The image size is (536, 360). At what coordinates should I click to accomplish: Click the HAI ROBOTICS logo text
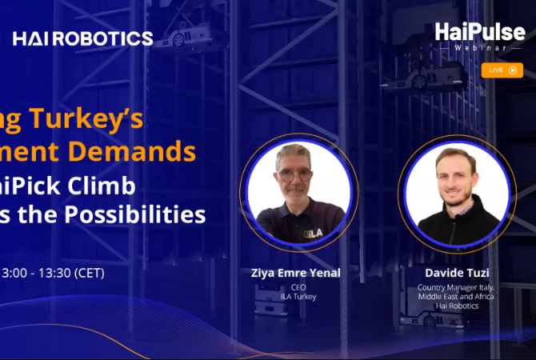[x=83, y=38]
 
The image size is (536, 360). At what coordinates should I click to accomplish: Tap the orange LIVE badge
[x=502, y=70]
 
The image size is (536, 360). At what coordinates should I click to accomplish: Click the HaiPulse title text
[x=480, y=31]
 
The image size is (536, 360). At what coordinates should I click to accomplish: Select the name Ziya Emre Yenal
[x=295, y=274]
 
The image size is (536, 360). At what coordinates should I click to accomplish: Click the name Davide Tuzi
[x=456, y=274]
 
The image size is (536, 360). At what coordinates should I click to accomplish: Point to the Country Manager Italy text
[x=456, y=287]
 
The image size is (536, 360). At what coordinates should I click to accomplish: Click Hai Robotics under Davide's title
[x=456, y=306]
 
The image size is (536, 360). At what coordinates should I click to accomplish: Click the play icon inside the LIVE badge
[x=512, y=70]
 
